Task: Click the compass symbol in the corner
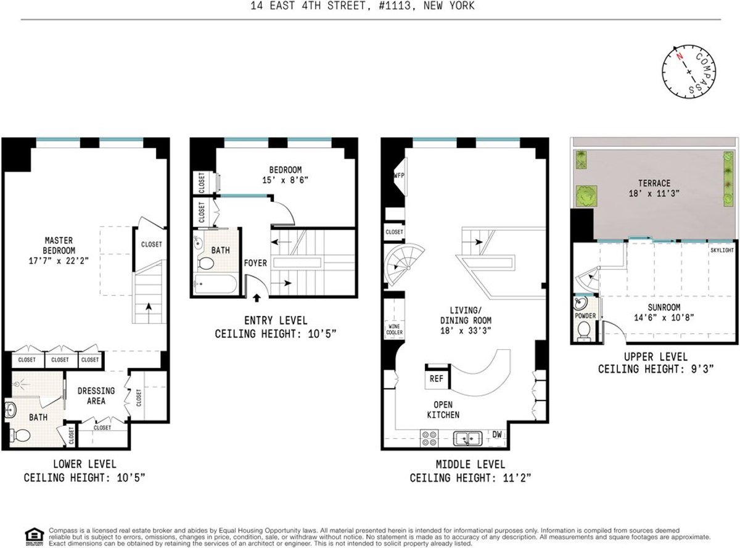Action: coord(690,71)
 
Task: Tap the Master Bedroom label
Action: coord(59,246)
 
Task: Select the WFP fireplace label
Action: coord(398,176)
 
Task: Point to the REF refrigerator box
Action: coord(437,378)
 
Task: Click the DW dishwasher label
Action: coord(496,434)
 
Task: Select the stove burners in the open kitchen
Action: coord(429,438)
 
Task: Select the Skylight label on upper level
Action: coord(722,250)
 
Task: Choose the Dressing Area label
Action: coord(96,396)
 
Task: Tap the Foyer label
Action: coord(255,263)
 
